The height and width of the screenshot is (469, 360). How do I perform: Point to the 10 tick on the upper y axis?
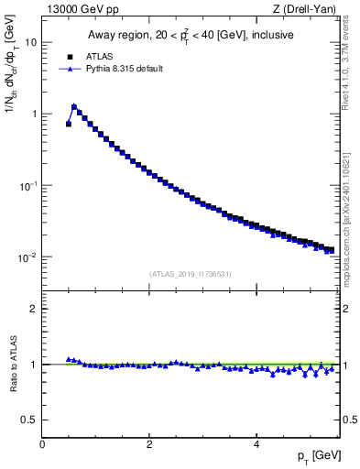tap(32, 42)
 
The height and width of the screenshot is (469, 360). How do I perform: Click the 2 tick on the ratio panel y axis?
tap(35, 309)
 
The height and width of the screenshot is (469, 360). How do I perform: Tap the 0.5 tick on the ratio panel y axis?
tap(31, 420)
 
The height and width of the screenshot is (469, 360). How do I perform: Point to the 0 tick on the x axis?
tap(42, 443)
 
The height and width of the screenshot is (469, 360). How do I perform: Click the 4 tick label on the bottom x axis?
tap(256, 443)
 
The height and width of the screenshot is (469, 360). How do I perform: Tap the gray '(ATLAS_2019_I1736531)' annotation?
tap(191, 273)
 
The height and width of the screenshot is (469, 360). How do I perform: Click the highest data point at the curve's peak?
tap(74, 106)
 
